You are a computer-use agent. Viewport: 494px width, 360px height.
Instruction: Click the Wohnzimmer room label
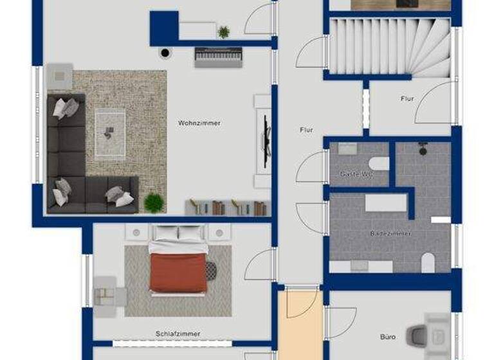pos(199,123)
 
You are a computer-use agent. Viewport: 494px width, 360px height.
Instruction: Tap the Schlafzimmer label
pos(178,334)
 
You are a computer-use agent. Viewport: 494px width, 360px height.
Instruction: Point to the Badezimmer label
pos(390,234)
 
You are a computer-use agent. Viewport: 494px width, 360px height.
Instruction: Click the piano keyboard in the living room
pos(218,57)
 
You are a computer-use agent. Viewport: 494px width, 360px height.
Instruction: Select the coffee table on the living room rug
pos(110,133)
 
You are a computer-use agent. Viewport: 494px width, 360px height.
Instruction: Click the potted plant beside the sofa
pos(154,203)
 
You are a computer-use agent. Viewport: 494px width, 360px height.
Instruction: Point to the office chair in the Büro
pos(418,334)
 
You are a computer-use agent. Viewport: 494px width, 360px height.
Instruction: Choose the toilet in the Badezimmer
pos(427,262)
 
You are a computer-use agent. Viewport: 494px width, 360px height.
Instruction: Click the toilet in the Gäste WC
pos(379,163)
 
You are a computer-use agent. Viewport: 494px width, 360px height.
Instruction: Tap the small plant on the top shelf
pos(223,32)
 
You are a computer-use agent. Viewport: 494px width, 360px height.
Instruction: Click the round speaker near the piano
pos(166,53)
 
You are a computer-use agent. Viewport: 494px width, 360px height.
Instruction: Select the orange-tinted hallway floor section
pos(300,325)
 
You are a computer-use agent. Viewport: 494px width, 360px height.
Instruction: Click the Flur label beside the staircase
pos(407,99)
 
